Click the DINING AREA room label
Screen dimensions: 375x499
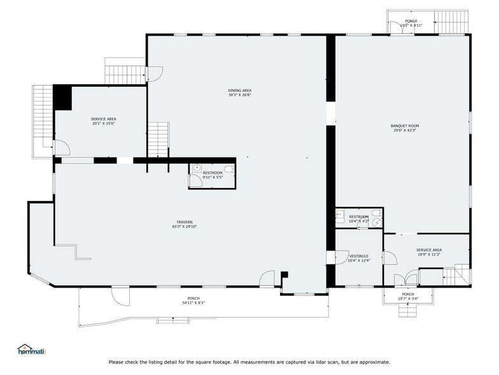(x=239, y=91)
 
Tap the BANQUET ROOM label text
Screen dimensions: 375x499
(x=404, y=126)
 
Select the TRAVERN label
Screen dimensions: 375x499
(x=185, y=222)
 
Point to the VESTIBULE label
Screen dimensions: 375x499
(x=358, y=256)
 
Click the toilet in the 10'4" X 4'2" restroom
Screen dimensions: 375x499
(x=340, y=215)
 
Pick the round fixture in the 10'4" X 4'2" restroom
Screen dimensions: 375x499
(x=376, y=222)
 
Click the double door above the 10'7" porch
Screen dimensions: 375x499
(x=406, y=279)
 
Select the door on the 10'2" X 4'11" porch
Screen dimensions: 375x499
(x=397, y=26)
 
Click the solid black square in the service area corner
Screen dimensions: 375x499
(x=62, y=98)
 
